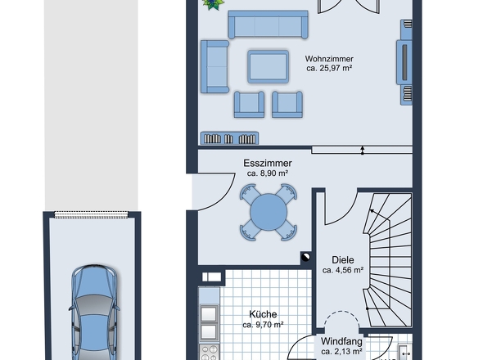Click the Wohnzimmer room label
click(329, 59)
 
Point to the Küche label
click(263, 314)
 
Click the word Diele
click(342, 260)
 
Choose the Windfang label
click(341, 341)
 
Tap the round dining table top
click(269, 212)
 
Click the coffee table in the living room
click(268, 66)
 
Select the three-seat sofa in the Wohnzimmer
click(268, 25)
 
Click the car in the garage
click(95, 313)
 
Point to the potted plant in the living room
click(213, 4)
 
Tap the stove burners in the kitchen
click(209, 353)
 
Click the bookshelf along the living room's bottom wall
click(229, 138)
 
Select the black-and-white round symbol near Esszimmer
click(305, 257)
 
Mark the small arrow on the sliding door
click(363, 151)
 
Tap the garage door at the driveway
click(91, 214)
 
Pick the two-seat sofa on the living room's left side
click(214, 66)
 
